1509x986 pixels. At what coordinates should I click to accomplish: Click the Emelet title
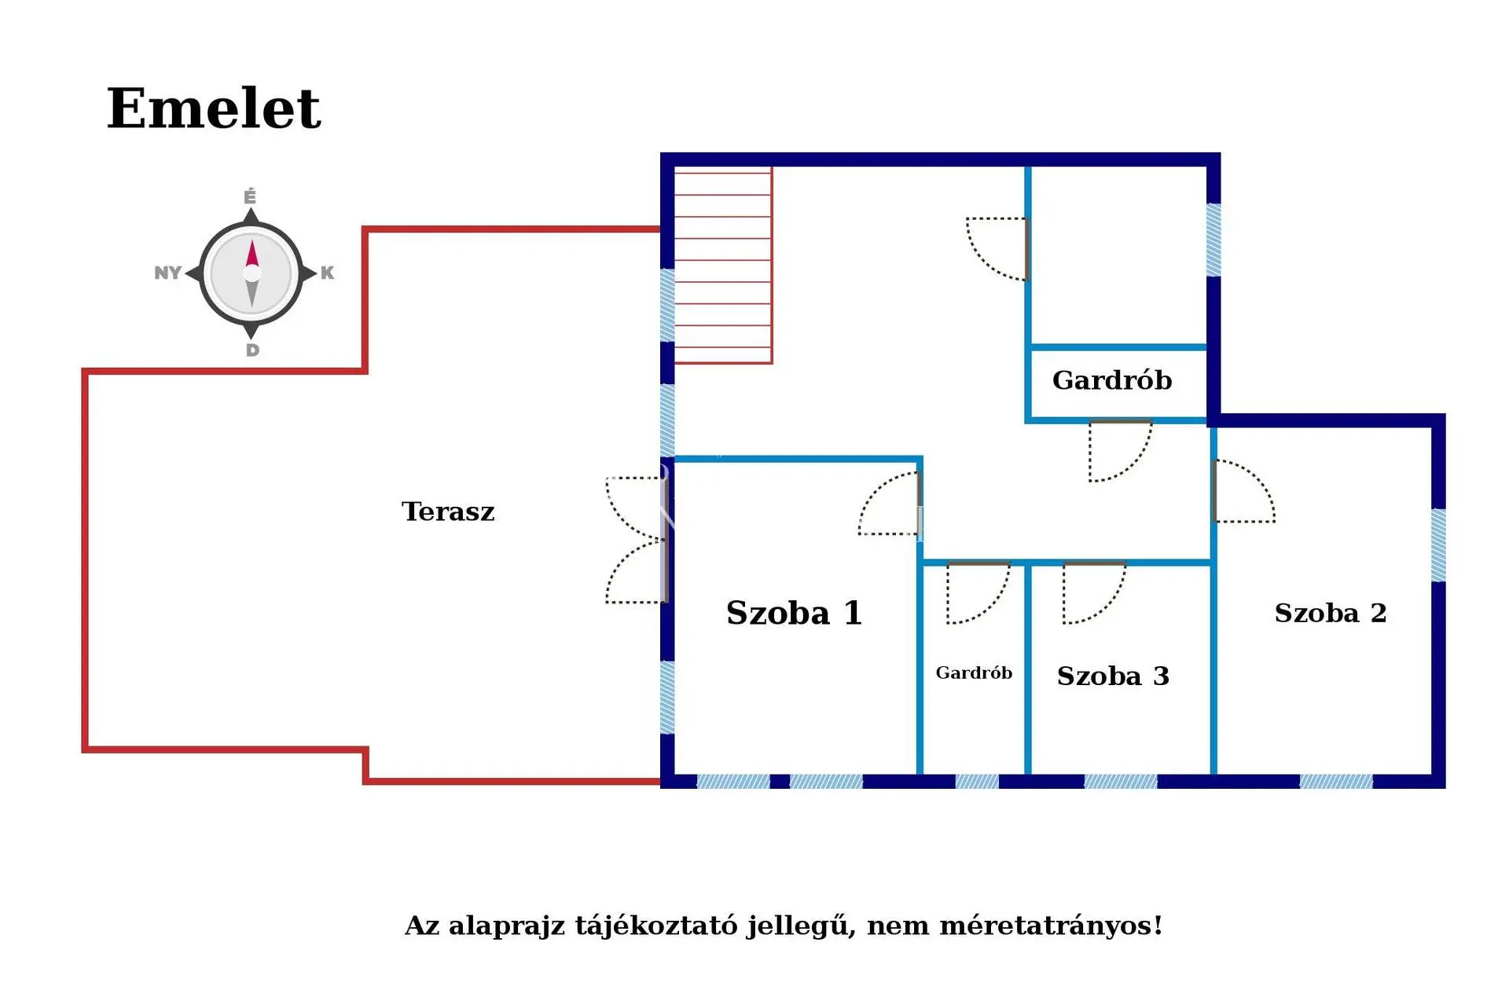pos(214,108)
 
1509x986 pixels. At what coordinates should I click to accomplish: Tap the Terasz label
pos(448,511)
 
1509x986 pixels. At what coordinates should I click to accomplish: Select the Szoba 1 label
pos(794,613)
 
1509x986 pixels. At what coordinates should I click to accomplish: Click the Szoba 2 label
pos(1330,613)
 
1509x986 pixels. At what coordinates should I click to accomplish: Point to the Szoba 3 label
pos(1113,676)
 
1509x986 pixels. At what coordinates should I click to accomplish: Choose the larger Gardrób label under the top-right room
pos(1111,380)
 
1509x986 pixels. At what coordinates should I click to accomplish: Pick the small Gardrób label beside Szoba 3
pos(974,673)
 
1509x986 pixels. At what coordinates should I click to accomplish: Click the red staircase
pos(723,266)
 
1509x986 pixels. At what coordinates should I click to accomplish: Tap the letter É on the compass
pos(250,196)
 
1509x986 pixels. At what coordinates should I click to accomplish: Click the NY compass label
pos(167,273)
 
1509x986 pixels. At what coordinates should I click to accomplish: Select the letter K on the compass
pos(327,273)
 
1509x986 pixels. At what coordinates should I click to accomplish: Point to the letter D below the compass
pos(252,350)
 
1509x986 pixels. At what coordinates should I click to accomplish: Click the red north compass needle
pos(252,255)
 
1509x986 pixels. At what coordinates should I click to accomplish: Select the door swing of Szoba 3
pos(1092,592)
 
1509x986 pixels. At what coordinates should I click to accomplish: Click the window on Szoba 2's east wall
pos(1438,545)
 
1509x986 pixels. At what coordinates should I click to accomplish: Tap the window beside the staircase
pos(667,305)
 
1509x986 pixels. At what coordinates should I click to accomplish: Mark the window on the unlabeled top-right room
pos(1213,240)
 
